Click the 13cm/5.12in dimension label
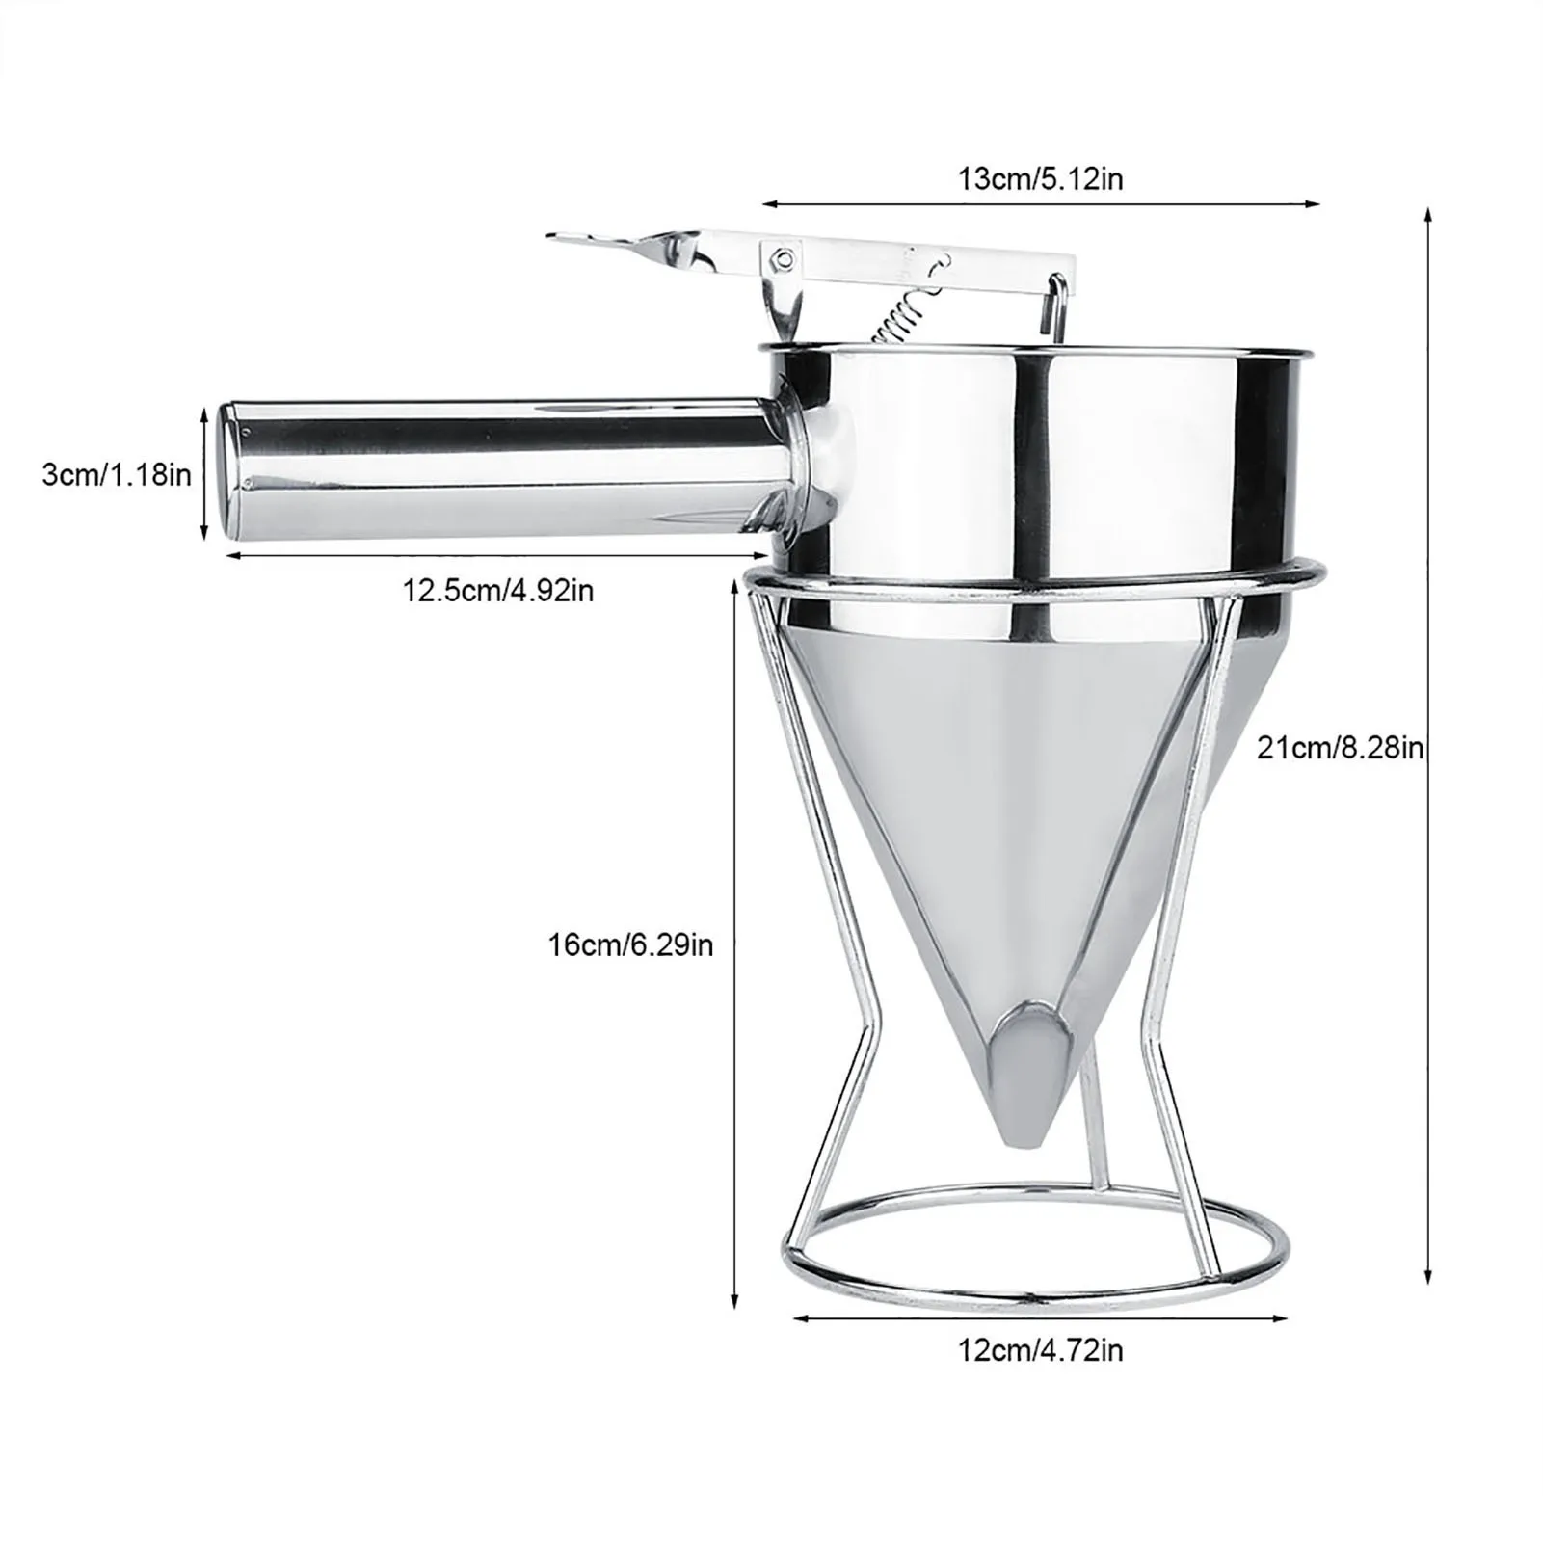(1040, 179)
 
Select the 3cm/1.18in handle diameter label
(117, 474)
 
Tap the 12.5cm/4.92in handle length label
(497, 590)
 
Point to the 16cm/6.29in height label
(631, 944)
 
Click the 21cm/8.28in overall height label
(1340, 747)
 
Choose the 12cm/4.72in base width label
(1040, 1350)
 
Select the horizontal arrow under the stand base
(1040, 1317)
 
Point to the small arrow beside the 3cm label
(204, 472)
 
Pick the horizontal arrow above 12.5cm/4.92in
(497, 555)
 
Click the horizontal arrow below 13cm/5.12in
(1040, 203)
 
